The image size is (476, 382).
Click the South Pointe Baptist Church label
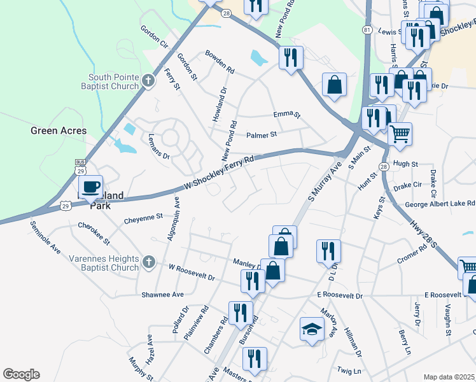114,81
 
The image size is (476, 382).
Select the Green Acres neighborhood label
59,131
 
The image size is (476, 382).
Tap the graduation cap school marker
311,330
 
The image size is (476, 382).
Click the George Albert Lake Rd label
440,204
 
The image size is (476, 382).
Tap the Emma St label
286,114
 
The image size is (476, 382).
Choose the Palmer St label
262,135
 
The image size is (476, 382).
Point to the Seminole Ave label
45,237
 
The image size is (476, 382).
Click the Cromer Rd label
414,259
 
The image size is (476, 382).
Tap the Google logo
21,374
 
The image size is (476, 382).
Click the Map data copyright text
449,377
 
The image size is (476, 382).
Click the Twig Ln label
349,371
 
